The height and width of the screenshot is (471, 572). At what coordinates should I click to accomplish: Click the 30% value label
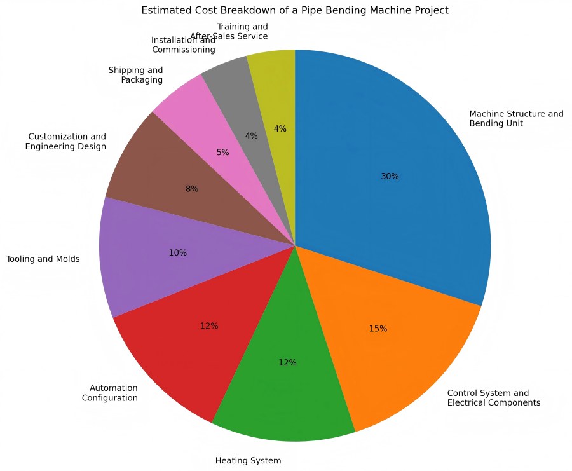pos(390,176)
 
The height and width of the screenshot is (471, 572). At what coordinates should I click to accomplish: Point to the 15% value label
pos(378,329)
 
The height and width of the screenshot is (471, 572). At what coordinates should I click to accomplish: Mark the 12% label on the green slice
pos(287,362)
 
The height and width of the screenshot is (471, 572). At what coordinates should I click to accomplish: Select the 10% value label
pos(178,252)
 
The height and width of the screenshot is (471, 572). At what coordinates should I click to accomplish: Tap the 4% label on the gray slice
pos(251,135)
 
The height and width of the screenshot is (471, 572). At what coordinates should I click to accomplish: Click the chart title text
pos(295,10)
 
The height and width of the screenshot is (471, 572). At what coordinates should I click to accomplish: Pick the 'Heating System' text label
pos(249,460)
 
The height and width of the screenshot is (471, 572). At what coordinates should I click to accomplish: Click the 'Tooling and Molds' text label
pos(43,259)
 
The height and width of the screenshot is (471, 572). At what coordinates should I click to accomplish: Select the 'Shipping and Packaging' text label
pos(135,75)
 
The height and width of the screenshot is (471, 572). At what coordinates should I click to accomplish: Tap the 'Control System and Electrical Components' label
pos(493,397)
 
